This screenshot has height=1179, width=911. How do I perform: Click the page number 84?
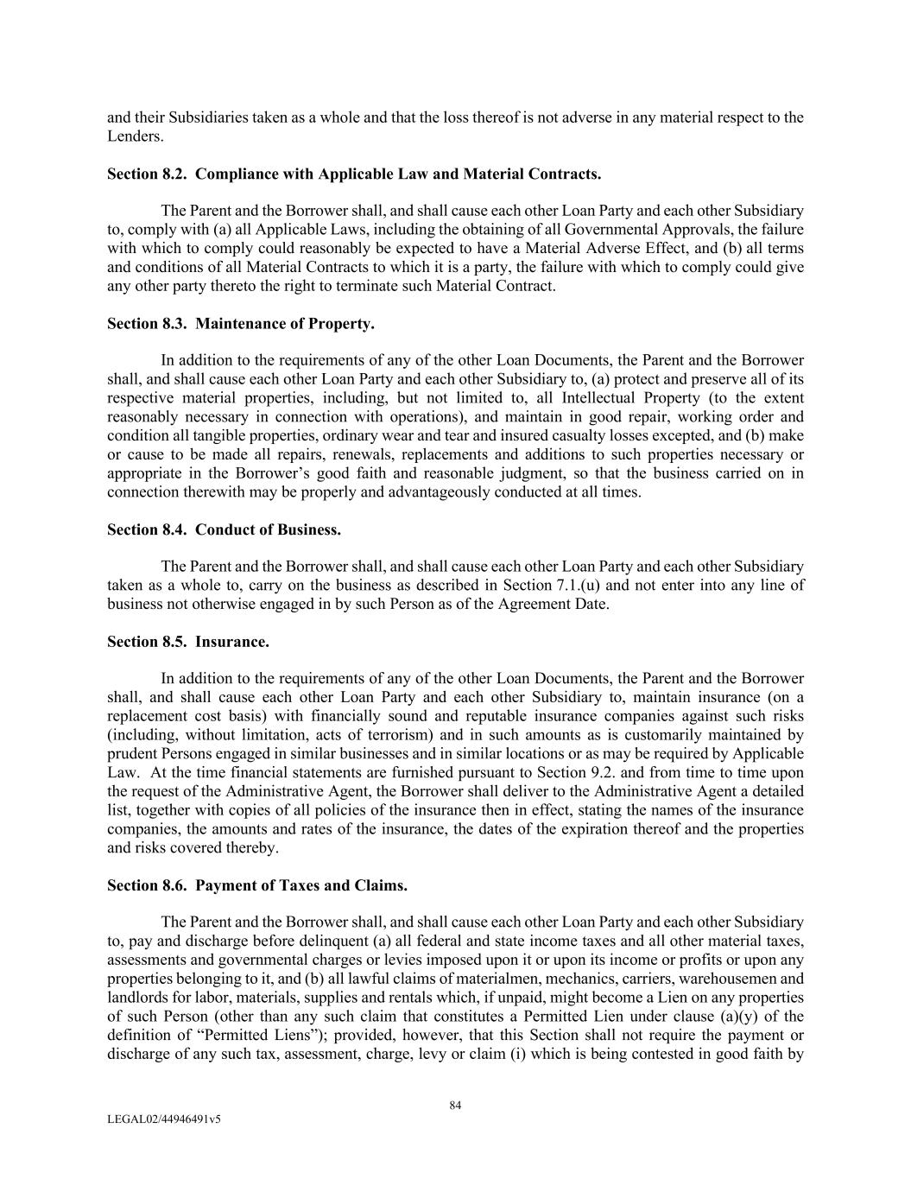[456, 1105]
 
